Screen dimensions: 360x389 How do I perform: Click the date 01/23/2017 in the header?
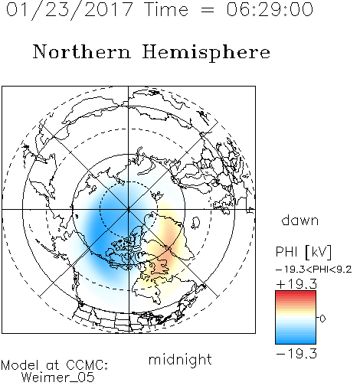click(x=70, y=10)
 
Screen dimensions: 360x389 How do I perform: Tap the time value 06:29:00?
click(x=270, y=10)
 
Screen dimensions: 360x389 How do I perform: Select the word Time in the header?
click(x=166, y=10)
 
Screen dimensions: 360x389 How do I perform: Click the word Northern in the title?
click(x=81, y=52)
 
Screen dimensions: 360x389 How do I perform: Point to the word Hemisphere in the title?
click(x=206, y=53)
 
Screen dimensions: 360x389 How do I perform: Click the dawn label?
click(x=300, y=220)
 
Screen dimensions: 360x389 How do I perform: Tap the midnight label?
click(x=180, y=359)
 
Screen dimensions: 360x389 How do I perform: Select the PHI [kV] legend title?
click(x=303, y=252)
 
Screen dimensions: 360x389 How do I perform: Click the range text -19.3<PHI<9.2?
click(x=314, y=270)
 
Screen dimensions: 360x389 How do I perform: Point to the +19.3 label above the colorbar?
click(x=296, y=284)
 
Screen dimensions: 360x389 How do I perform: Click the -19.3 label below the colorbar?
click(x=296, y=354)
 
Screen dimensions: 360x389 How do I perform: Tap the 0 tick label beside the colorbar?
click(x=322, y=319)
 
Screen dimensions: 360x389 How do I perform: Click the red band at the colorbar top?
click(x=296, y=294)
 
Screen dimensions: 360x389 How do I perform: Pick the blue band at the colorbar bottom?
click(x=296, y=339)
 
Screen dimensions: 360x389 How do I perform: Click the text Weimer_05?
click(x=58, y=378)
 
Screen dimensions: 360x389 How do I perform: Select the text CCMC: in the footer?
click(x=87, y=365)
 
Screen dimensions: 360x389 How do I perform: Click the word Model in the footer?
click(x=20, y=365)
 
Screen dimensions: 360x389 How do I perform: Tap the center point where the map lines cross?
click(x=129, y=209)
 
